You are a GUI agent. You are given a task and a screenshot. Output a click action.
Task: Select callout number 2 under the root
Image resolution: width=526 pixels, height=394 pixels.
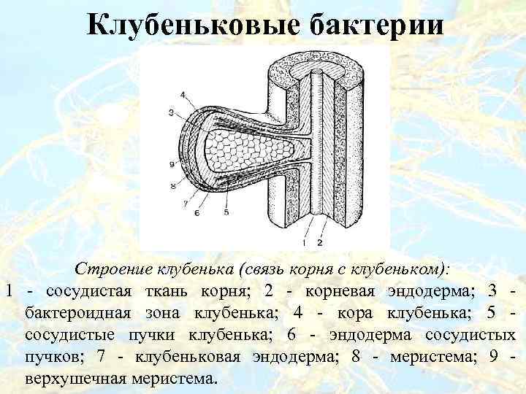coord(320,240)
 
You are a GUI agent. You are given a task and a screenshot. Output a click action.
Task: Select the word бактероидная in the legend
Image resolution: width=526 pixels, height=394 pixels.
coord(82,313)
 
